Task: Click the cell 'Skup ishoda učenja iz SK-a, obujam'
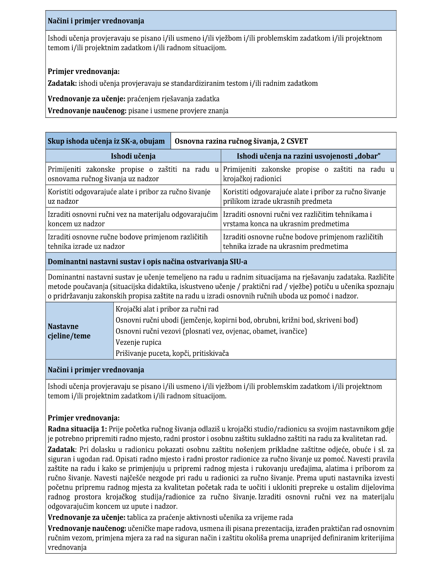pyautogui.click(x=106, y=141)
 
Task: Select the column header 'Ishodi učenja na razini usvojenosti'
pyautogui.click(x=308, y=156)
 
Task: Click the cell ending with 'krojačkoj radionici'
pyautogui.click(x=308, y=174)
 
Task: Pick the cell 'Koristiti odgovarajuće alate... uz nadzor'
pyautogui.click(x=133, y=196)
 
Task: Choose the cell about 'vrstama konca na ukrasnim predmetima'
pyautogui.click(x=308, y=219)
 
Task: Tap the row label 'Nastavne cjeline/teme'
pyautogui.click(x=69, y=331)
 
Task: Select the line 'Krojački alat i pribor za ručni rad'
pyautogui.click(x=167, y=309)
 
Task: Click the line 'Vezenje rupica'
pyautogui.click(x=138, y=342)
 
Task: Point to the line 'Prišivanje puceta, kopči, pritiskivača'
pyautogui.click(x=172, y=353)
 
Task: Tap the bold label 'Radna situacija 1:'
pyautogui.click(x=77, y=429)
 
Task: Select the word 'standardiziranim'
pyautogui.click(x=198, y=84)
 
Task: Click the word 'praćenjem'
pyautogui.click(x=142, y=99)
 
